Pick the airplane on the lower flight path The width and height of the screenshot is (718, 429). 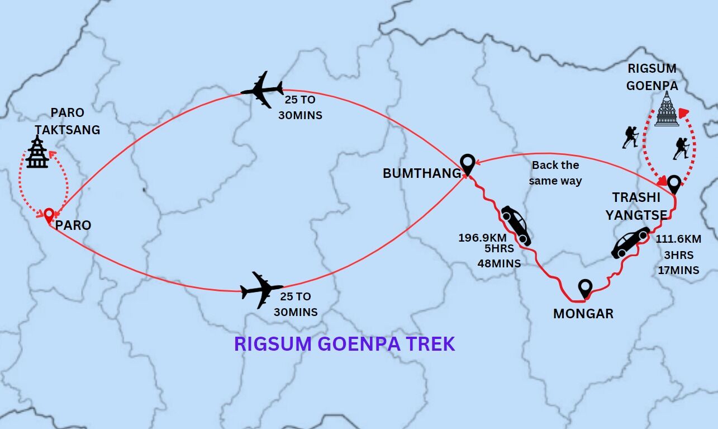[261, 290]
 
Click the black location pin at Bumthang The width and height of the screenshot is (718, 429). [467, 164]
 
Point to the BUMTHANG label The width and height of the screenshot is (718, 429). [422, 173]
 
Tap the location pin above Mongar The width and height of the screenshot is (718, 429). [585, 289]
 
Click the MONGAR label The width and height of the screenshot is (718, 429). [583, 314]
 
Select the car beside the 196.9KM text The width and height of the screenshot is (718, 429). [515, 225]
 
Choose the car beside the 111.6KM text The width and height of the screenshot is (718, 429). [631, 242]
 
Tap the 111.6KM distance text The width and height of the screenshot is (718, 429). [678, 239]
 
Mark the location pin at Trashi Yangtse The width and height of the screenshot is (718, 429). [674, 184]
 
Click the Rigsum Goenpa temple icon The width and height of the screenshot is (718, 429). [666, 110]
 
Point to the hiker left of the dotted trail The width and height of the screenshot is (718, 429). [630, 137]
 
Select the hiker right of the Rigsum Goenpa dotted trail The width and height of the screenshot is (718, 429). [681, 148]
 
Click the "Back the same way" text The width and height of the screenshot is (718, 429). [555, 173]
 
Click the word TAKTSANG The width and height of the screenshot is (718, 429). [68, 130]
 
